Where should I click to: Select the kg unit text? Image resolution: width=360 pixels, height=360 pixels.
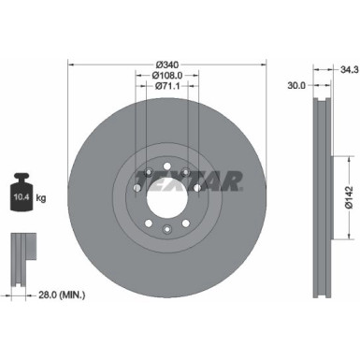pyautogui.click(x=40, y=197)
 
